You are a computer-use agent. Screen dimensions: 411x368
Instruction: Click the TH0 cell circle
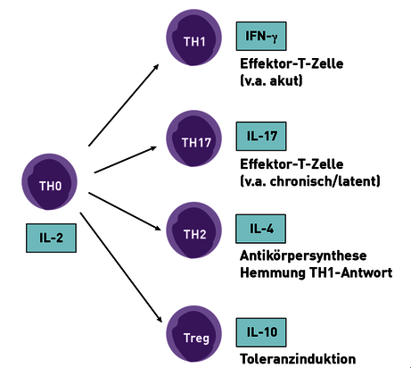(49, 181)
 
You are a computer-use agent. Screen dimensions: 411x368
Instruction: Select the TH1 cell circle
(193, 38)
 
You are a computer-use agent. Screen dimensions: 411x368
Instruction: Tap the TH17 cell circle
(193, 138)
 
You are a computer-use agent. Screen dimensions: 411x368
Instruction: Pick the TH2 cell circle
(193, 230)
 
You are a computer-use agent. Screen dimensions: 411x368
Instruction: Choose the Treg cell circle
(193, 334)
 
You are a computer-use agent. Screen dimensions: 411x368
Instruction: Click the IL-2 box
(51, 238)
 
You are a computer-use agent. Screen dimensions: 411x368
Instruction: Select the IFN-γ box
(261, 36)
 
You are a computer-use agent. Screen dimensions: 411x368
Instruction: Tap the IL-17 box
(261, 136)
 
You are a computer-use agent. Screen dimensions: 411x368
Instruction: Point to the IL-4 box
(260, 229)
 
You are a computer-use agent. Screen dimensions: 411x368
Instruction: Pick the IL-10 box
(261, 332)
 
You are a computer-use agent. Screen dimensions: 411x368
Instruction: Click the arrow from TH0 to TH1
(124, 105)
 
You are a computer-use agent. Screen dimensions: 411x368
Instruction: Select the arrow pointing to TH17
(126, 160)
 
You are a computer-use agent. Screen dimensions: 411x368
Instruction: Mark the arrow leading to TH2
(125, 212)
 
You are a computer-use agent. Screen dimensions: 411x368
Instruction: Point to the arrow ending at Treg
(121, 267)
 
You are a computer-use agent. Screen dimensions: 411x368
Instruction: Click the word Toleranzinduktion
(298, 359)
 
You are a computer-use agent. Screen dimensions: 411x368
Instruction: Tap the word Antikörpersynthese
(303, 256)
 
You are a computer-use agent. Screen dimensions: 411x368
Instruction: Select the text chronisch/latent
(324, 181)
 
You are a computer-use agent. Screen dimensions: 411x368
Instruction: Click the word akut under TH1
(284, 80)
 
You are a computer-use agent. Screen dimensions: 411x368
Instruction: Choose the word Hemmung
(273, 273)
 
